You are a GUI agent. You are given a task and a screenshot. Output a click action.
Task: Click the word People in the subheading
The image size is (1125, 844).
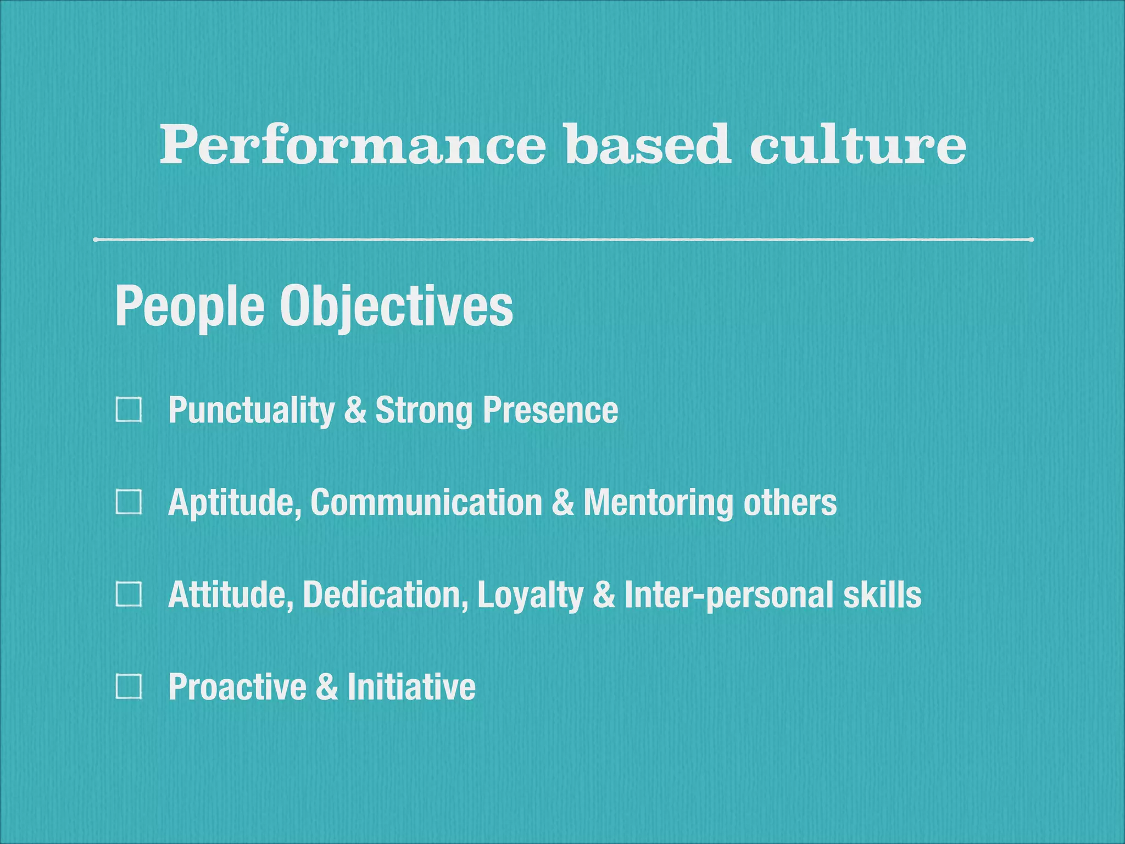[x=190, y=307]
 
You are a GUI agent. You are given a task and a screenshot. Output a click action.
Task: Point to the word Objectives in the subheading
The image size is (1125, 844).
[x=396, y=307]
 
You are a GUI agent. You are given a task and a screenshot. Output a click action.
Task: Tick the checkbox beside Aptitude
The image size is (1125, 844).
[x=129, y=502]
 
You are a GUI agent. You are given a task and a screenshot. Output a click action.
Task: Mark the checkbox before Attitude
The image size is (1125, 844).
[x=129, y=595]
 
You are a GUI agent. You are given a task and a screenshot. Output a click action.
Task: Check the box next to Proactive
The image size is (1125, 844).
[x=129, y=687]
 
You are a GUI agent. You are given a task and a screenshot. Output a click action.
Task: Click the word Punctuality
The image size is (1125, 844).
[x=251, y=411]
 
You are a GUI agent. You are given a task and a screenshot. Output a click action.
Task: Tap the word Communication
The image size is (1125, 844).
[x=426, y=502]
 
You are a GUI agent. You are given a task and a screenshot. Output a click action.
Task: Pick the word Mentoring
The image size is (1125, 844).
[x=658, y=503]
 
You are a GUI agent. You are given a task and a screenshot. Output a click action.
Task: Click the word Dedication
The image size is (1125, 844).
[x=385, y=595]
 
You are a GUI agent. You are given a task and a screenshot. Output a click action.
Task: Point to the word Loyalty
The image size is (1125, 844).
[x=530, y=596]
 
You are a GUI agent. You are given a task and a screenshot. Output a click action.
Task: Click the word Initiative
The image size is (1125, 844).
[x=411, y=687]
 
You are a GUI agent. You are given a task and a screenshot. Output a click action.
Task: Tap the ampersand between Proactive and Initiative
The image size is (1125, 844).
[x=327, y=687]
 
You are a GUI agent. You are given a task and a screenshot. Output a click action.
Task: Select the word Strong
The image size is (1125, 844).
[x=424, y=411]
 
